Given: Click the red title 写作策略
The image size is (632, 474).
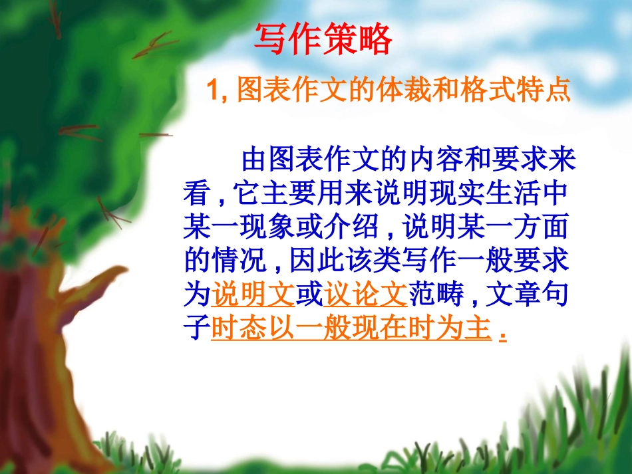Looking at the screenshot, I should click(323, 41).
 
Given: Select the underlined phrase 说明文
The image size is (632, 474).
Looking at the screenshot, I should click(253, 295).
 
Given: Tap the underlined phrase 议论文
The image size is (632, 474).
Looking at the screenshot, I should click(365, 295).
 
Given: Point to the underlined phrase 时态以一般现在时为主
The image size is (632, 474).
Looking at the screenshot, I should click(351, 328).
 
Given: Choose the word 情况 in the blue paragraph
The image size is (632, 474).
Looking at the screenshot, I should click(239, 261).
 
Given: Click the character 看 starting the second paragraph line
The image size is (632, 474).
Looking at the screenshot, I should click(197, 193).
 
